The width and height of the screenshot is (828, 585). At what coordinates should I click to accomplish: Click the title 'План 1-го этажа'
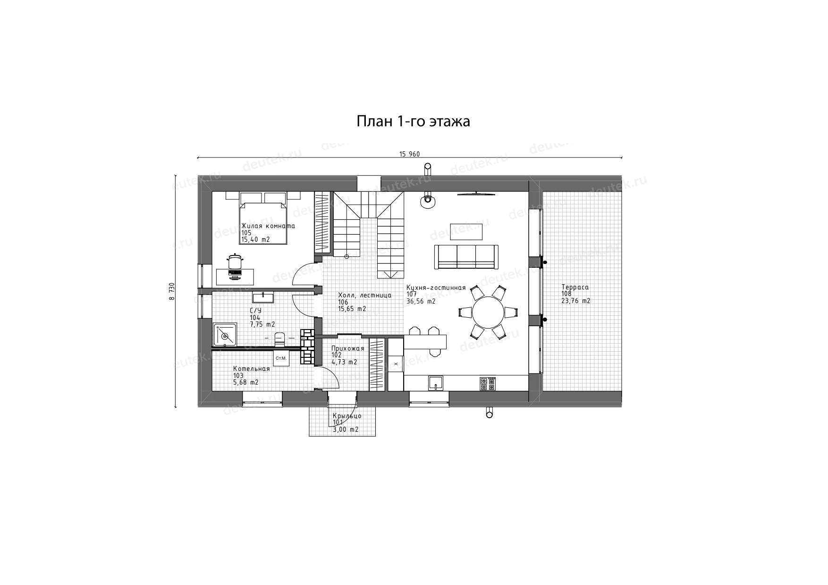click(413, 122)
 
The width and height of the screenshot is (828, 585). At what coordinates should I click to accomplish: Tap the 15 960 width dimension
click(409, 154)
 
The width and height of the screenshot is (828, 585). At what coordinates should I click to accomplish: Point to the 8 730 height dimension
click(171, 291)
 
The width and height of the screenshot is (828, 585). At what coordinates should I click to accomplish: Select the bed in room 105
click(263, 217)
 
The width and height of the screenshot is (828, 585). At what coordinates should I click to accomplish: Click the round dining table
click(488, 312)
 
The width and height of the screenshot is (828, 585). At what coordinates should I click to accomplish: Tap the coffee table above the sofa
click(466, 231)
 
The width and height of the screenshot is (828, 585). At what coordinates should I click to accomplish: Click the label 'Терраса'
click(575, 287)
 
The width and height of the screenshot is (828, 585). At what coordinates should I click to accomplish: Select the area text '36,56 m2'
click(421, 301)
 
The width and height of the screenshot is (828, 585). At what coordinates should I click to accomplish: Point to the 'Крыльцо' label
click(347, 416)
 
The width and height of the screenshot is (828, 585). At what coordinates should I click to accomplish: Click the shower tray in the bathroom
click(225, 336)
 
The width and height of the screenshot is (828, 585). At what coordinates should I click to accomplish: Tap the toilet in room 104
click(280, 338)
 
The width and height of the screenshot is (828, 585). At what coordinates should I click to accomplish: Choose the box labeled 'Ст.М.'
click(281, 359)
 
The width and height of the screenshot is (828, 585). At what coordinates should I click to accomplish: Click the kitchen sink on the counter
click(436, 383)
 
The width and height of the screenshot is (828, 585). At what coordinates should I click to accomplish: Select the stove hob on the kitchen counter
click(488, 383)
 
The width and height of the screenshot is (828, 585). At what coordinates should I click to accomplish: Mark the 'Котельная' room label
click(252, 369)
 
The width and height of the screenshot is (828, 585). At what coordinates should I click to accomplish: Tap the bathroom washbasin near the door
click(263, 297)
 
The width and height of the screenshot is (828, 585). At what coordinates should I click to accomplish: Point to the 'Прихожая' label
click(348, 348)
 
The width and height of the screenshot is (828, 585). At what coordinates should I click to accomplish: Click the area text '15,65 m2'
click(352, 309)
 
